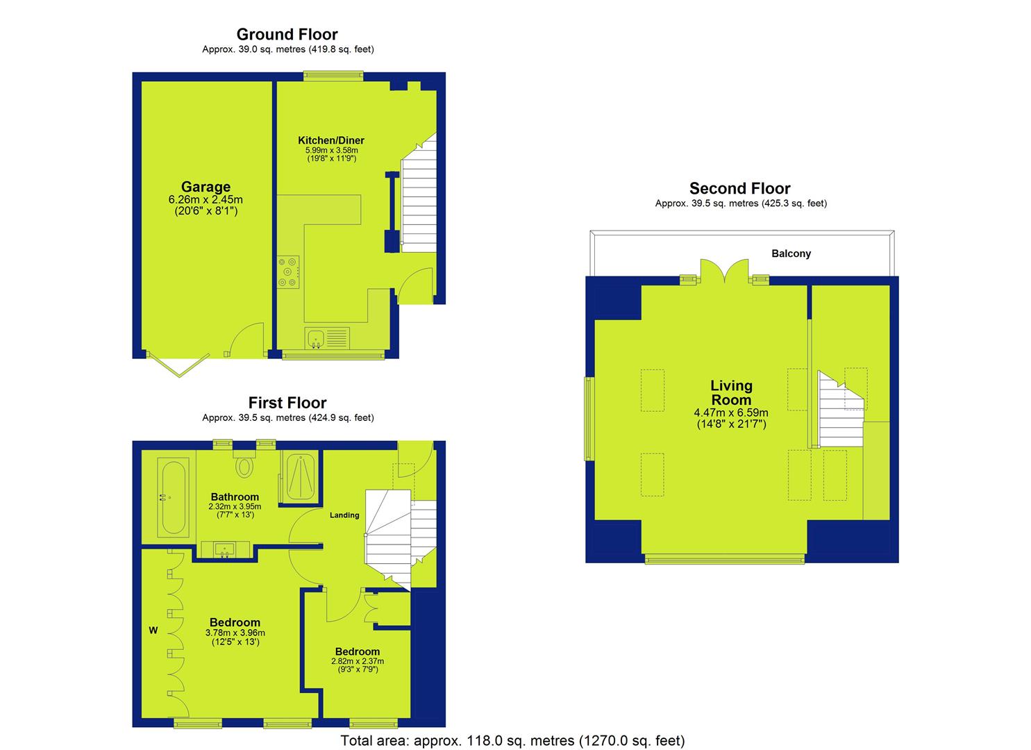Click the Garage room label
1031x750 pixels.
[x=206, y=187]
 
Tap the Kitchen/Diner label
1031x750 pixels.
[x=331, y=140]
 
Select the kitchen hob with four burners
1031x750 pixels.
[x=288, y=272]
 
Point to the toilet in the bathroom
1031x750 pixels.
[x=244, y=463]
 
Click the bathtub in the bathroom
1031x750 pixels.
[x=173, y=497]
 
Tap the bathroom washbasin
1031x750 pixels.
[x=225, y=549]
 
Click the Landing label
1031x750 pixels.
[x=344, y=515]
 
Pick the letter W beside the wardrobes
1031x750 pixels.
[x=153, y=631]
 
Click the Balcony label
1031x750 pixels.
[x=791, y=253]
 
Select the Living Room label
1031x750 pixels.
[x=731, y=393]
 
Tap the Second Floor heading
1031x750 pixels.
[x=739, y=188]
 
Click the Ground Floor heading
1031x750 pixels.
[x=287, y=34]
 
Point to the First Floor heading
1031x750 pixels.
[x=287, y=403]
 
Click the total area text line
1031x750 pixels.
[x=513, y=740]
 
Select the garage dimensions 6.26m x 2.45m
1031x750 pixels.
[x=206, y=200]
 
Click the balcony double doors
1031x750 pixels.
[x=724, y=271]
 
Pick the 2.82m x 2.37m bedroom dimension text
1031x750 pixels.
[x=358, y=661]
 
